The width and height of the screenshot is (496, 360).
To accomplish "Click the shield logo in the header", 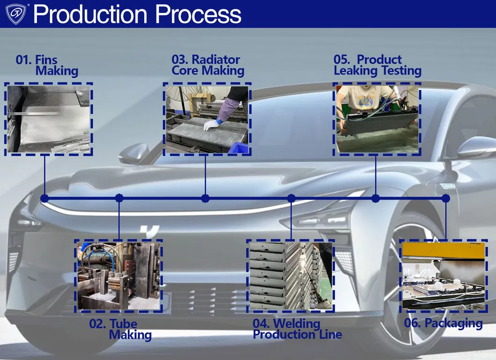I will pyautogui.click(x=17, y=14).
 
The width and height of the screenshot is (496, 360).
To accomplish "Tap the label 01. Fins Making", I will pyautogui.click(x=47, y=66).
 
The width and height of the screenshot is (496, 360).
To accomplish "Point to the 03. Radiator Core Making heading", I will pyautogui.click(x=208, y=66).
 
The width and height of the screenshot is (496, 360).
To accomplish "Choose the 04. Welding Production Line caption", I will pyautogui.click(x=297, y=329).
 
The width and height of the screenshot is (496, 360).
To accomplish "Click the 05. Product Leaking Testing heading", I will pyautogui.click(x=377, y=66).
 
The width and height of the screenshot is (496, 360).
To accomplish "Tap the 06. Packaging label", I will pyautogui.click(x=443, y=323).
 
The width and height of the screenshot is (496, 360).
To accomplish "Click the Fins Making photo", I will pyautogui.click(x=49, y=119).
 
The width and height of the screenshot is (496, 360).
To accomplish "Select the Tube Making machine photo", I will pyautogui.click(x=119, y=276).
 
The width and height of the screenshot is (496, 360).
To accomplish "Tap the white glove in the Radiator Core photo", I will pyautogui.click(x=211, y=125).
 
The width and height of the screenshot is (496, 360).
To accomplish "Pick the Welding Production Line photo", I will pyautogui.click(x=291, y=276).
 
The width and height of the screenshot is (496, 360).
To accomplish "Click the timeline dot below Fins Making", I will pyautogui.click(x=44, y=198).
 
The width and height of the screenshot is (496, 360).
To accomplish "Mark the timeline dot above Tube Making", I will pyautogui.click(x=119, y=198).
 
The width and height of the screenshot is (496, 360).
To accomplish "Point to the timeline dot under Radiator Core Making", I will pyautogui.click(x=205, y=198).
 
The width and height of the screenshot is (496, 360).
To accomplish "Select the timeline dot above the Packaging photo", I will pyautogui.click(x=445, y=198).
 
